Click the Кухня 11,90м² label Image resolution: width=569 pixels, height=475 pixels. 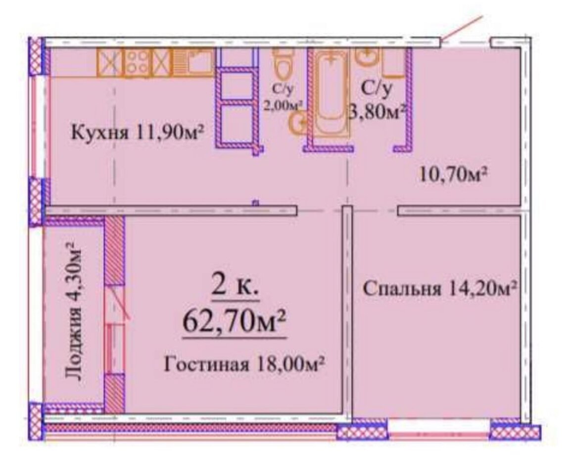tap(137, 133)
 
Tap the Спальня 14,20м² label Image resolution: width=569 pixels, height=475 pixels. tap(440, 289)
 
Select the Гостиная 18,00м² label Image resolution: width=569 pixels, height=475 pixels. tap(244, 364)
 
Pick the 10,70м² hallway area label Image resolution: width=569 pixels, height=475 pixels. tap(453, 175)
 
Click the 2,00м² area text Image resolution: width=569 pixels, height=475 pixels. tap(283, 105)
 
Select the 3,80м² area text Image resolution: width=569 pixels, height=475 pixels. tap(378, 112)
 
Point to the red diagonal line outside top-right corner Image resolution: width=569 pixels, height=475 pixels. tap(463, 29)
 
